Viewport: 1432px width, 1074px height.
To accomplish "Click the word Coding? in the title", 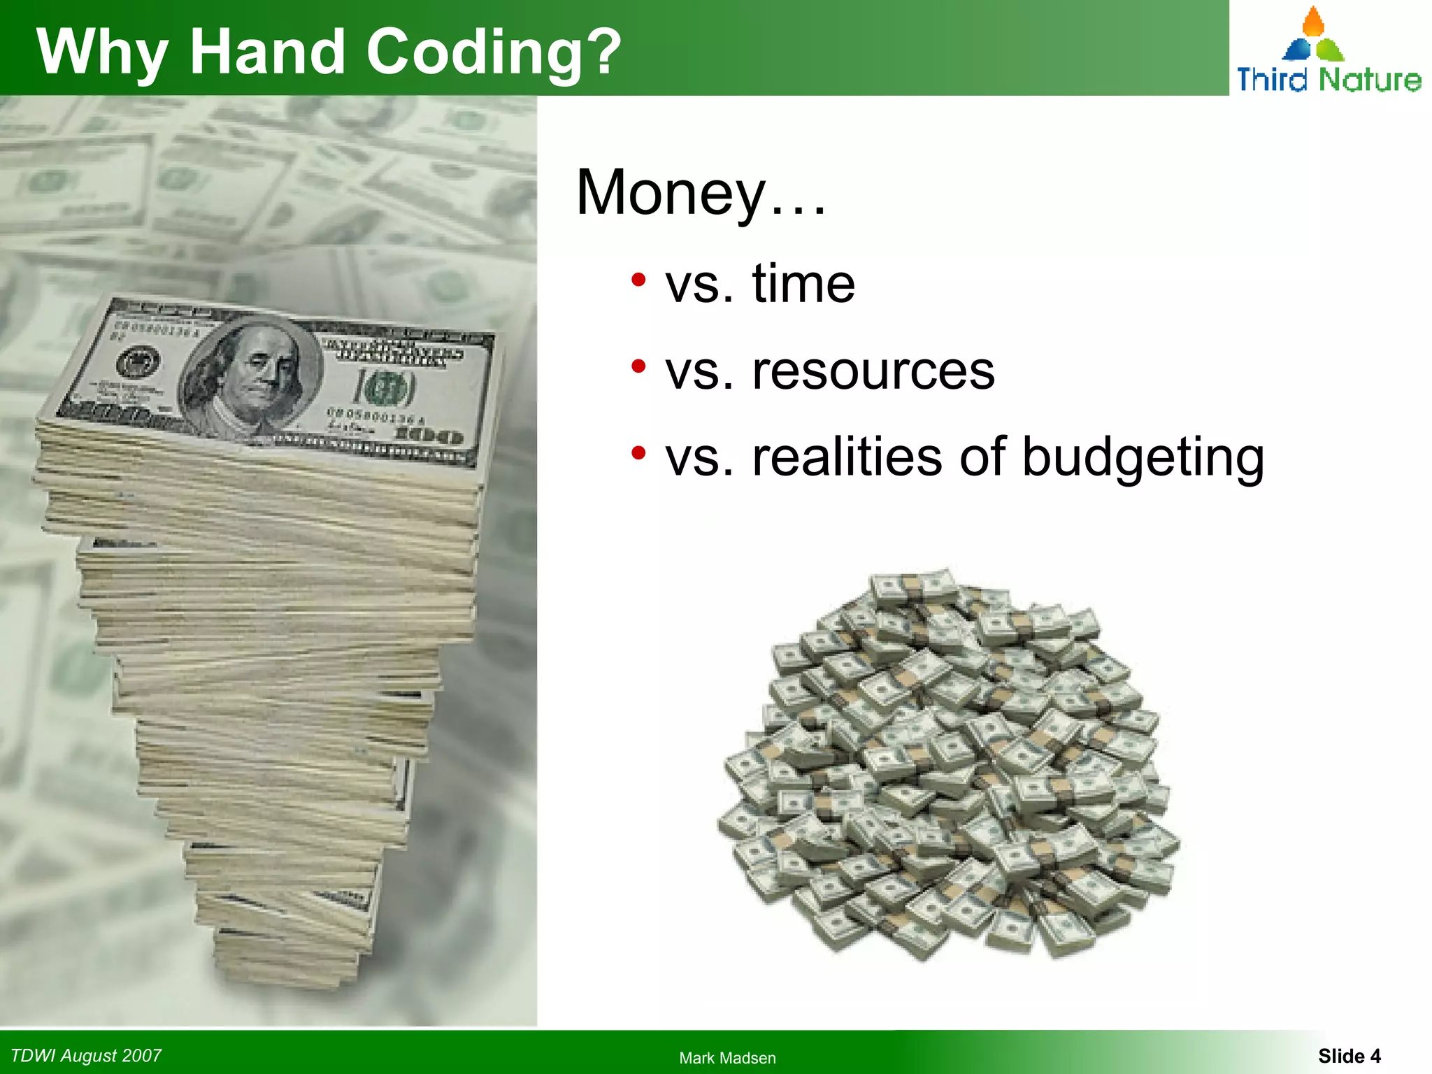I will (494, 53).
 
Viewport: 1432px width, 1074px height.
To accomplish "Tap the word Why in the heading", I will (102, 53).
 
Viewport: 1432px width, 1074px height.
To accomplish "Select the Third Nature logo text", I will (1329, 79).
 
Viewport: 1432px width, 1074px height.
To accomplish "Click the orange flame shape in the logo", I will (1314, 22).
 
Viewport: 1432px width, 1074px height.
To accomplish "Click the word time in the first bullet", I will (803, 284).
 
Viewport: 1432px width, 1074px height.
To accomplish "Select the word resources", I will (873, 371).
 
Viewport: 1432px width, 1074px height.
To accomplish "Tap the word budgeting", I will (1143, 458).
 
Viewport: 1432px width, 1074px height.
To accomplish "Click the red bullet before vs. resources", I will (638, 367).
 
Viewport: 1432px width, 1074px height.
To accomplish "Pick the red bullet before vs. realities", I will (638, 454).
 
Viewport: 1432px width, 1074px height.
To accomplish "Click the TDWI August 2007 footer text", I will (86, 1055).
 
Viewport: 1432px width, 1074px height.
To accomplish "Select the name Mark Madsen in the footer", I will (727, 1058).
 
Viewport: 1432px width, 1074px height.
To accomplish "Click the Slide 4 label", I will (1349, 1056).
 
